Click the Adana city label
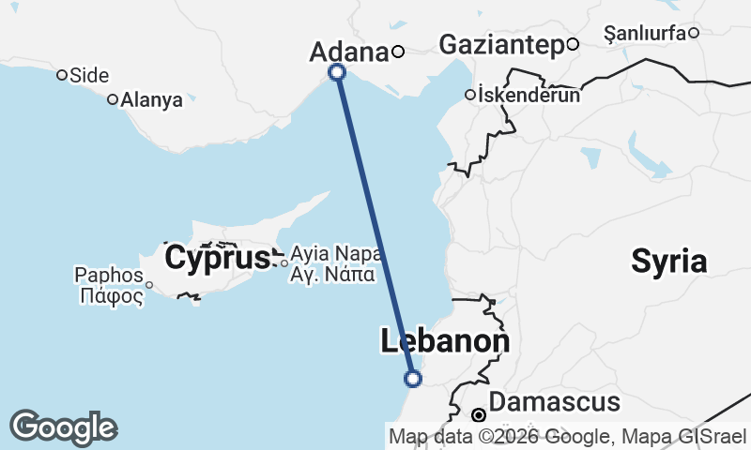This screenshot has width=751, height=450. pyautogui.click(x=348, y=52)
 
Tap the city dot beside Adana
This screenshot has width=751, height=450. pyautogui.click(x=398, y=52)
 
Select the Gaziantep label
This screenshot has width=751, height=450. pyautogui.click(x=500, y=44)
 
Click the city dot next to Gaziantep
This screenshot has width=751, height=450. pyautogui.click(x=573, y=44)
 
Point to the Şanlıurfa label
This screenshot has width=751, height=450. pyautogui.click(x=645, y=34)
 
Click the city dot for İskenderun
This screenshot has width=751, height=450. pyautogui.click(x=470, y=95)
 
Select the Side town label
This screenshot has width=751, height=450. pyautogui.click(x=90, y=76)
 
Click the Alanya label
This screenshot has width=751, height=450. pyautogui.click(x=152, y=100)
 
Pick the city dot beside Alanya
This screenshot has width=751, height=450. pyautogui.click(x=113, y=99)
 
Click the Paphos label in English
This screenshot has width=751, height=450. pyautogui.click(x=108, y=276)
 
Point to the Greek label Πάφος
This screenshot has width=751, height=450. pyautogui.click(x=112, y=296)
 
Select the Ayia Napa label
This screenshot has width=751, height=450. pyautogui.click(x=335, y=254)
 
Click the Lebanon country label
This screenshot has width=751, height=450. pyautogui.click(x=445, y=341)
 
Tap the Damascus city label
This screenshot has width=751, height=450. pyautogui.click(x=555, y=403)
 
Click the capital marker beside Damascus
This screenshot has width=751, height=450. pyautogui.click(x=479, y=414)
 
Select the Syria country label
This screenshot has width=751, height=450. pyautogui.click(x=668, y=261)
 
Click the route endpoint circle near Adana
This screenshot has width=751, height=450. pyautogui.click(x=337, y=72)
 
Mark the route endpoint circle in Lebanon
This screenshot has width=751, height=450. pyautogui.click(x=412, y=379)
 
